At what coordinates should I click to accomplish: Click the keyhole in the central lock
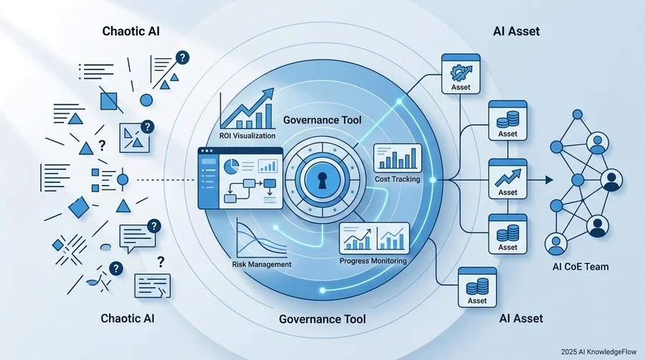(322, 180)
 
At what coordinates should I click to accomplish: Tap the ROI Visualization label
(247, 136)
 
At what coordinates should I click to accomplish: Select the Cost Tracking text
(397, 179)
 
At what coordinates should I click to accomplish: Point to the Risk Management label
(262, 264)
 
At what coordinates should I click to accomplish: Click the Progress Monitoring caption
(373, 261)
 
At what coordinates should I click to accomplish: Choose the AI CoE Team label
(580, 267)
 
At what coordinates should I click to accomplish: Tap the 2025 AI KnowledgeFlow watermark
(598, 352)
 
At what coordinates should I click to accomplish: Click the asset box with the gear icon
(461, 74)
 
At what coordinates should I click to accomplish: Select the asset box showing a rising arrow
(507, 179)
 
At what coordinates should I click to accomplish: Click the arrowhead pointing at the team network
(549, 180)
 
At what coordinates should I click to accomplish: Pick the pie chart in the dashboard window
(231, 166)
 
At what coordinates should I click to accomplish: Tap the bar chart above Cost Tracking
(397, 158)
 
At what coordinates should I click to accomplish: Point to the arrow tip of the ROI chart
(270, 91)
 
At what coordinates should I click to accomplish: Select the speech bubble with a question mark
(140, 236)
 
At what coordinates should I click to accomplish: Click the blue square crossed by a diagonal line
(109, 101)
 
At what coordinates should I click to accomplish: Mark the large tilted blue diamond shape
(79, 207)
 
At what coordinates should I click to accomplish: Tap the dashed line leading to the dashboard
(166, 180)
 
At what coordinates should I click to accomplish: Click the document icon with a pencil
(152, 285)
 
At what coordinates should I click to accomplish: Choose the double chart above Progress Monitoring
(374, 239)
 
